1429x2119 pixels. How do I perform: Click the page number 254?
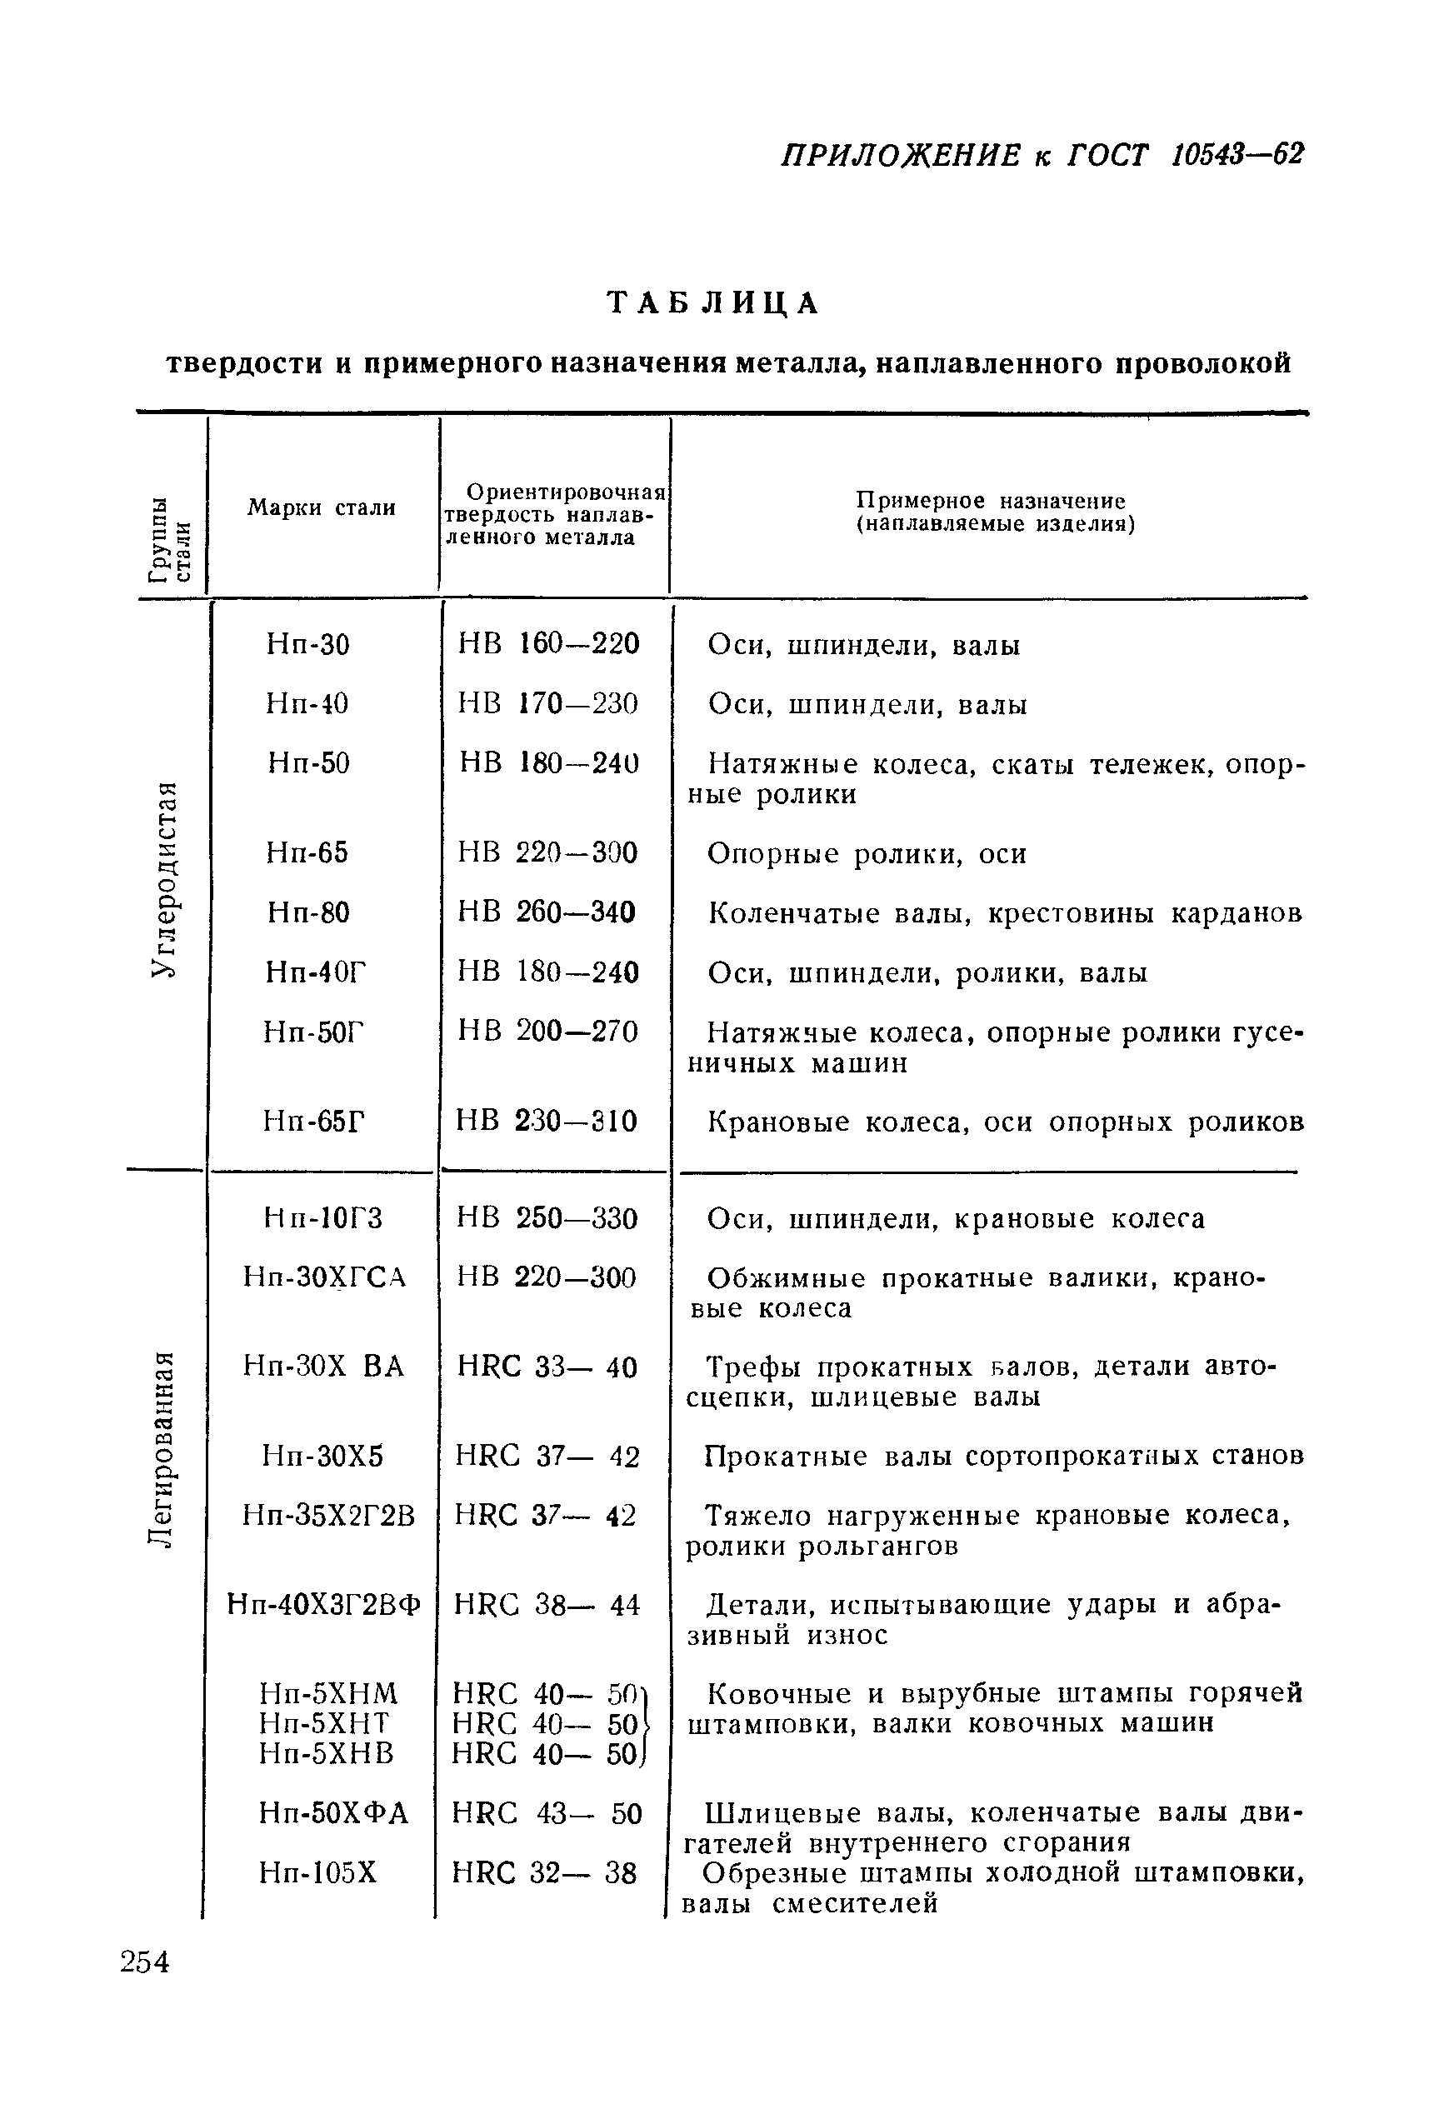[x=144, y=1962]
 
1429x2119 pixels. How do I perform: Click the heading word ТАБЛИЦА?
[x=713, y=303]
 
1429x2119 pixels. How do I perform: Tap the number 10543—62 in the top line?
[x=1237, y=155]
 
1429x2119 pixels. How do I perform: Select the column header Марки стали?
[x=321, y=507]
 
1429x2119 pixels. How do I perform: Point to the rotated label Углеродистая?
[x=163, y=878]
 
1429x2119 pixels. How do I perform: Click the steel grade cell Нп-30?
[x=308, y=645]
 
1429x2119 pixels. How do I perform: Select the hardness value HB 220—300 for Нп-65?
[x=547, y=853]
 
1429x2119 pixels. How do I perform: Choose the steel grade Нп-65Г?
[x=314, y=1120]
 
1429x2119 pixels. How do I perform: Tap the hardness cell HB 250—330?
[x=547, y=1218]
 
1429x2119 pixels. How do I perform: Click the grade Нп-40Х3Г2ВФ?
[x=323, y=1604]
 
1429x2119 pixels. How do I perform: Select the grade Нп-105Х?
[x=317, y=1872]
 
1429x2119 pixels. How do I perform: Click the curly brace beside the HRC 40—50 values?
[x=643, y=1722]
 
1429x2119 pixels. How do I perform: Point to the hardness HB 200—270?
[x=547, y=1032]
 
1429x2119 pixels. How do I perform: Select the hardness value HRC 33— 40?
[x=547, y=1367]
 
